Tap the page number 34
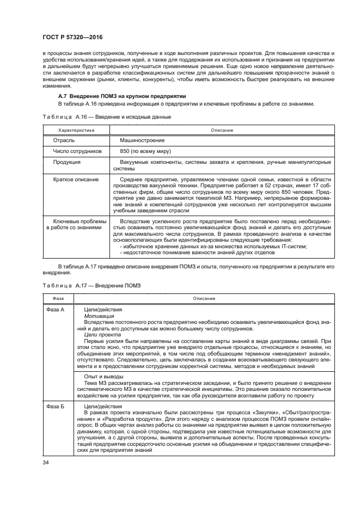pyautogui.click(x=45, y=462)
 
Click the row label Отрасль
pyautogui.click(x=63, y=140)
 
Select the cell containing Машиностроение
pyautogui.click(x=143, y=140)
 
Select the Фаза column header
pyautogui.click(x=58, y=298)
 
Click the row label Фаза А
pyautogui.click(x=54, y=309)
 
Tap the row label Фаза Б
pyautogui.click(x=54, y=407)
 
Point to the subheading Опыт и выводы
pyautogui.click(x=103, y=376)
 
